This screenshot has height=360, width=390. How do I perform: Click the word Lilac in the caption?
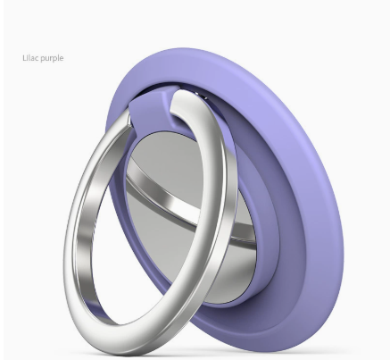tap(30, 57)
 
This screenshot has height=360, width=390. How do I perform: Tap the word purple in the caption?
tap(52, 58)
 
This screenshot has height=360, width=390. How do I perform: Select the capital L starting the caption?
tap(24, 57)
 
